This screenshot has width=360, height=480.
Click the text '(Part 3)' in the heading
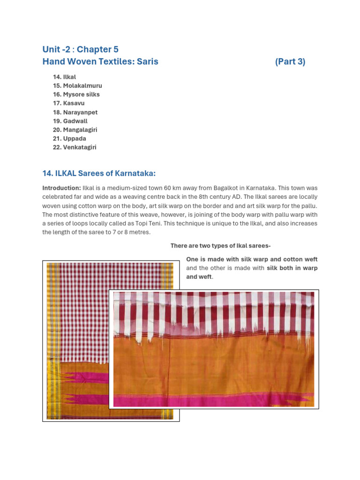(x=290, y=61)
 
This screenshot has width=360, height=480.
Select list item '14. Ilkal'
(x=64, y=77)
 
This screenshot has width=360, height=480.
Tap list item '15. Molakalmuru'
(x=77, y=86)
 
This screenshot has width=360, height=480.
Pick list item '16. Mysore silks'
(x=76, y=95)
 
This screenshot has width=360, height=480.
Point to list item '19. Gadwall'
(x=70, y=121)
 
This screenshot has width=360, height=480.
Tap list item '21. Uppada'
(x=69, y=139)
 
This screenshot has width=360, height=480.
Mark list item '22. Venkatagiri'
(x=75, y=147)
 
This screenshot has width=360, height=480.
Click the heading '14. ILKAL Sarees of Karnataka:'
(x=98, y=173)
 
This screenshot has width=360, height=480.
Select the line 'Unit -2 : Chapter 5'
(x=80, y=49)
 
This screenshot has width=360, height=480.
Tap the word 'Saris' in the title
(x=147, y=61)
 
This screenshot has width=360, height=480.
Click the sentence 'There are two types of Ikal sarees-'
(x=220, y=246)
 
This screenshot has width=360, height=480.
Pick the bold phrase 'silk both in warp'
(x=292, y=268)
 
